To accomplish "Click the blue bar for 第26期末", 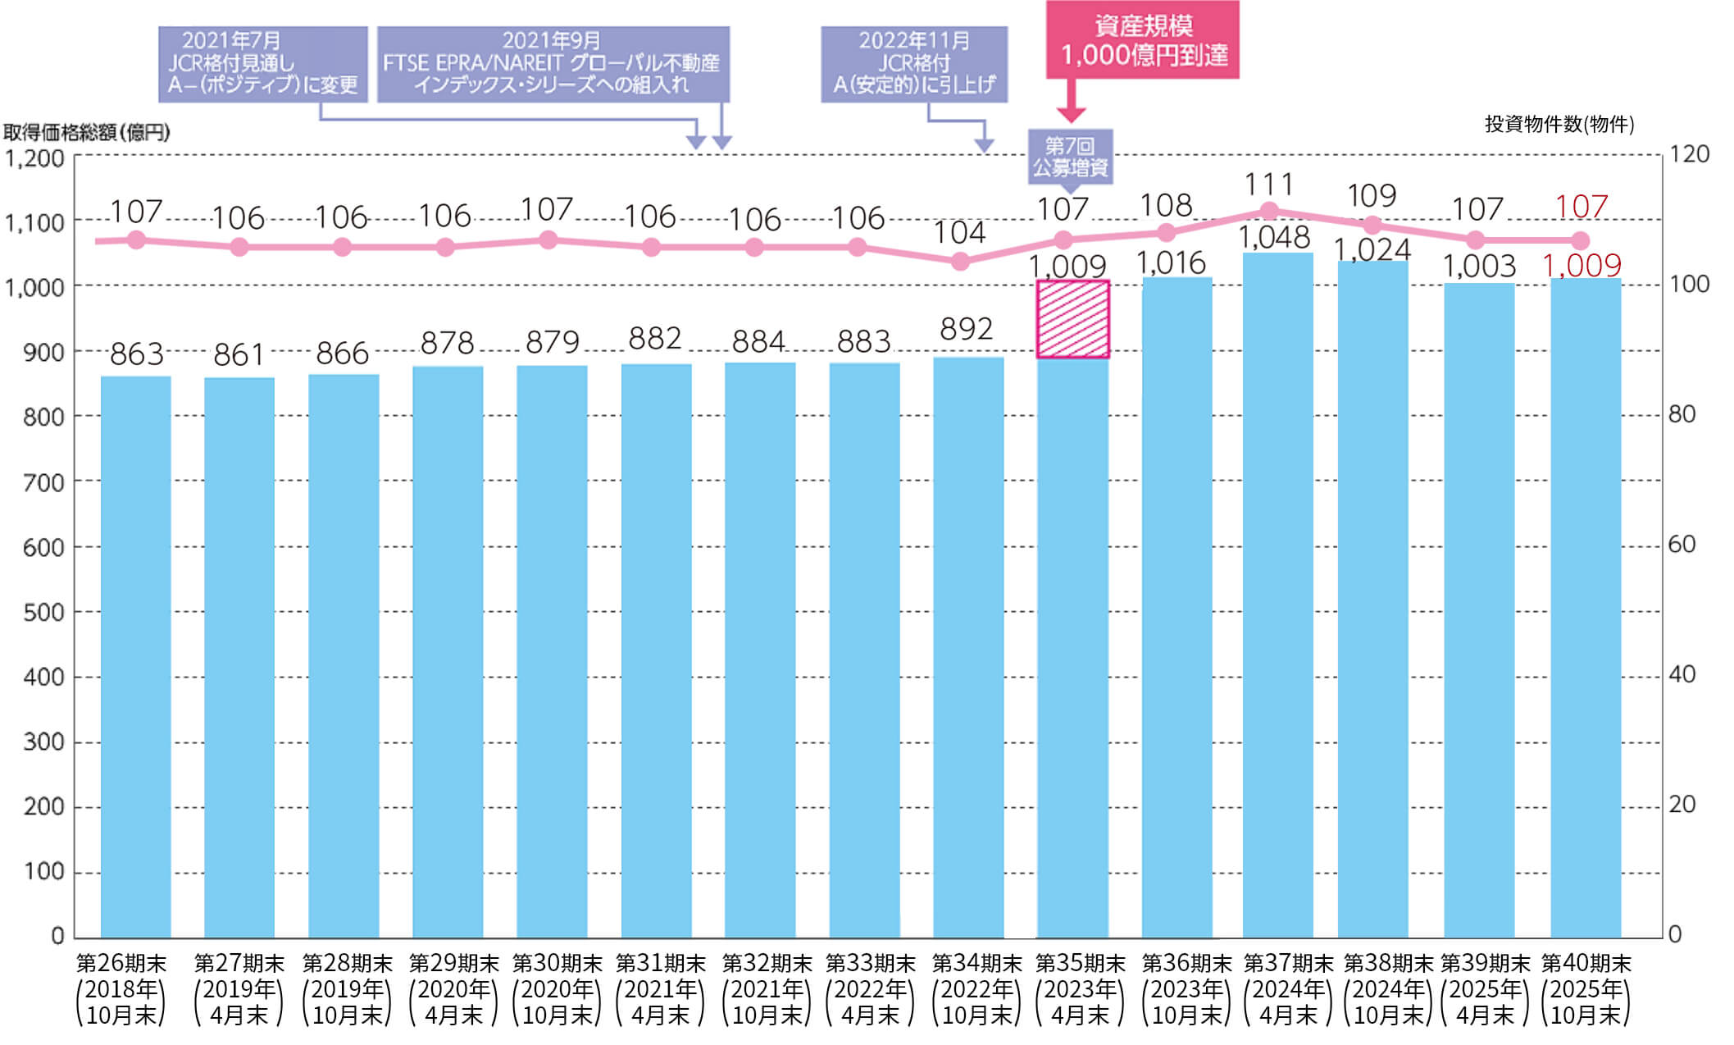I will [x=135, y=656].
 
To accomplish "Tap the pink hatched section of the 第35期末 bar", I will [x=1072, y=319].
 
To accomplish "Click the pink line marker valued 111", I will [x=1269, y=211].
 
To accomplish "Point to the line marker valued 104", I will [x=960, y=262].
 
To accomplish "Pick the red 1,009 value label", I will [x=1582, y=265].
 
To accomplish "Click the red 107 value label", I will [x=1582, y=207].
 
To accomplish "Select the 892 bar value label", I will [x=967, y=329].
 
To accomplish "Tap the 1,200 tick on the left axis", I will [x=35, y=157].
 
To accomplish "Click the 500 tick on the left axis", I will [x=43, y=612].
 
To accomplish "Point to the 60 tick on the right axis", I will [x=1682, y=544].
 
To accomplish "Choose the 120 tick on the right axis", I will [x=1690, y=154].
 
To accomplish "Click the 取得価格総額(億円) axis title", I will [x=86, y=132].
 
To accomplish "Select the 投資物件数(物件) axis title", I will [x=1559, y=124].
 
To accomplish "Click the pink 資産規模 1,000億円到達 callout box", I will [x=1142, y=39].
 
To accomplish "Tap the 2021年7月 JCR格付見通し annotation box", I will [x=262, y=64].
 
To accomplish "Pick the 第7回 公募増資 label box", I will [x=1070, y=157].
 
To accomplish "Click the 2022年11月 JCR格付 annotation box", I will [x=914, y=64].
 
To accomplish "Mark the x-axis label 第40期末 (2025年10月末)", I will [x=1586, y=988].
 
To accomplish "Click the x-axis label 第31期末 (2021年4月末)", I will [x=660, y=988].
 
